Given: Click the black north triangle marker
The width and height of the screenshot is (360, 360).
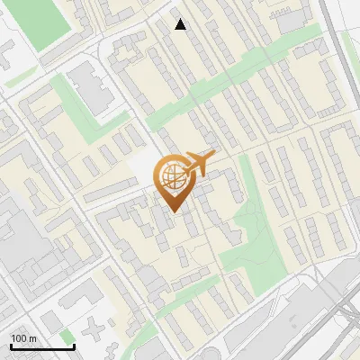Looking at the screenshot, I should pos(180,25).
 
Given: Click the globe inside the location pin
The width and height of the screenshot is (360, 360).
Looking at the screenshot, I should pos(173,176).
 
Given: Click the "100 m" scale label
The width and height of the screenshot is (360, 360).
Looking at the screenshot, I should pos(23,338).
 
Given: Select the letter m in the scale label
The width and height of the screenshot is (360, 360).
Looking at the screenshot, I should pos(32,338).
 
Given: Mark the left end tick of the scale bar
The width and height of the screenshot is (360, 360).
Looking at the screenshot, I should pos(10,346).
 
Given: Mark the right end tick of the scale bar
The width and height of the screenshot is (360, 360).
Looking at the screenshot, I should pos(74,346).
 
